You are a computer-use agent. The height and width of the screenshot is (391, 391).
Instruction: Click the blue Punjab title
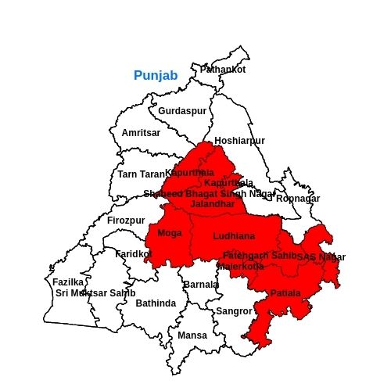[x=156, y=76]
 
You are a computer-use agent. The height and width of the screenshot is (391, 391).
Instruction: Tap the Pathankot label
[x=223, y=70]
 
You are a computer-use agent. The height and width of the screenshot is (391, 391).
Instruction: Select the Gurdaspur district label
[x=182, y=111]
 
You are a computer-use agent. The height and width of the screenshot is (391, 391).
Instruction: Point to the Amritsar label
[x=141, y=133]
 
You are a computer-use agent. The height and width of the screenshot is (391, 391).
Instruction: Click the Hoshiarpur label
[x=239, y=141]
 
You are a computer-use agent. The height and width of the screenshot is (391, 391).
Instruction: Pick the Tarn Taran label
[x=142, y=174]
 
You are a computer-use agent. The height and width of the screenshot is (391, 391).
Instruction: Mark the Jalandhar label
[x=213, y=204]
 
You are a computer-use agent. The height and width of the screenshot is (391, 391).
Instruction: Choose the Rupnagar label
[x=298, y=199]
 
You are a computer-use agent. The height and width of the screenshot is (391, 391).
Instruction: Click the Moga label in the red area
[x=170, y=233]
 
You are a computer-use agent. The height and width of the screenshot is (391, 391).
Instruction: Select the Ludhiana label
[x=234, y=235]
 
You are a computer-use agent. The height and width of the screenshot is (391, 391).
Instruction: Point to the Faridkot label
[x=133, y=254]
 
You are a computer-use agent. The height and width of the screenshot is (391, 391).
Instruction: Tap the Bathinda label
[x=156, y=303]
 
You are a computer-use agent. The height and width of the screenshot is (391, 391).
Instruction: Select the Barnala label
[x=201, y=285]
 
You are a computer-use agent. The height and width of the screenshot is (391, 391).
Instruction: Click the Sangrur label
[x=235, y=311]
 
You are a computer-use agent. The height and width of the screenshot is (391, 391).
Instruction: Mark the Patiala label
[x=285, y=293]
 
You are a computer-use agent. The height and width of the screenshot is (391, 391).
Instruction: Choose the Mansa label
[x=192, y=335]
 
